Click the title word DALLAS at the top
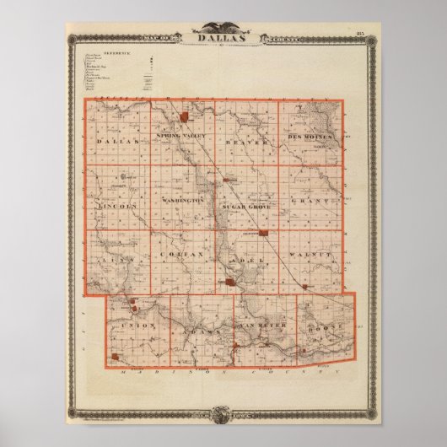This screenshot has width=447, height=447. click(223, 38)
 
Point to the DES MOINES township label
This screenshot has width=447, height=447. click(311, 137)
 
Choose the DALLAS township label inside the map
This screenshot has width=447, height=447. click(117, 143)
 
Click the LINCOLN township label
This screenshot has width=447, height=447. click(116, 206)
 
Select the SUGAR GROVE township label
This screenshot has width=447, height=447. click(245, 206)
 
